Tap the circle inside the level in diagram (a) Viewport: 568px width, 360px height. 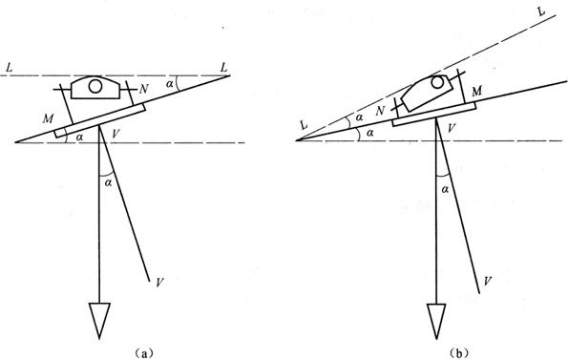pyautogui.click(x=95, y=86)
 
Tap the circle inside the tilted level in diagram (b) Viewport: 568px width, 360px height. pyautogui.click(x=437, y=82)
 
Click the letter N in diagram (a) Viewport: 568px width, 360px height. pyautogui.click(x=144, y=89)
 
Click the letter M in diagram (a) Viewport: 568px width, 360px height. pyautogui.click(x=48, y=118)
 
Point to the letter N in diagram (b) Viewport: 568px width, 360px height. pyautogui.click(x=380, y=111)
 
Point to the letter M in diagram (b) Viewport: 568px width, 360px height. pyautogui.click(x=476, y=92)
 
